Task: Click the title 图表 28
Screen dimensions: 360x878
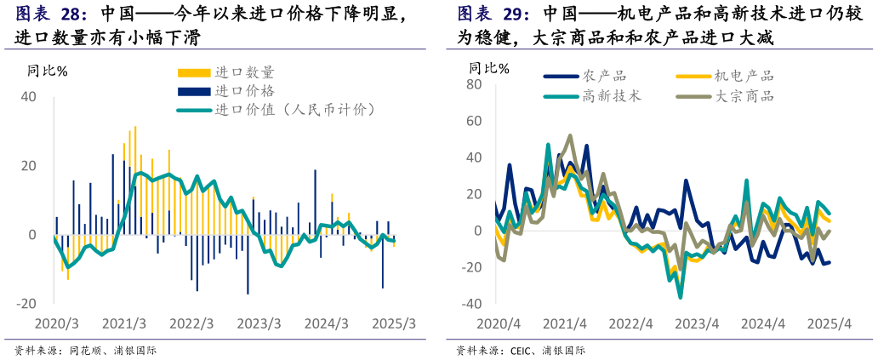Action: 52,14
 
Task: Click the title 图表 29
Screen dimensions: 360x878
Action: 493,14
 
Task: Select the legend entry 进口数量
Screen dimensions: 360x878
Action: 245,73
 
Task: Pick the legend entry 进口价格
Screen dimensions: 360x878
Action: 245,91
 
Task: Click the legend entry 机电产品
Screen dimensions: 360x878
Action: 744,77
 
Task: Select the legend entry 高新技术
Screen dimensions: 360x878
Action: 612,96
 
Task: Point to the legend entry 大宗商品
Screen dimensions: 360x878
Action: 744,96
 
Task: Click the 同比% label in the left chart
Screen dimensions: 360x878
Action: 48,71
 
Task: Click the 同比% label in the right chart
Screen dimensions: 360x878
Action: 490,68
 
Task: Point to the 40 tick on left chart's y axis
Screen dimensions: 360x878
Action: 28,97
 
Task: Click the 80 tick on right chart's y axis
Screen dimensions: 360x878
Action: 474,85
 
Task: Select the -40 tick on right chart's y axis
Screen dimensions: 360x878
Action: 470,304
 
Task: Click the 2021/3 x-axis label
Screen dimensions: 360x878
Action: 124,324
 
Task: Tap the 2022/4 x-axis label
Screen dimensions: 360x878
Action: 630,324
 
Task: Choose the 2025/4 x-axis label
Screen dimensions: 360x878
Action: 830,324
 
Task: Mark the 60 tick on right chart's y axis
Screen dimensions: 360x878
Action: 474,122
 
